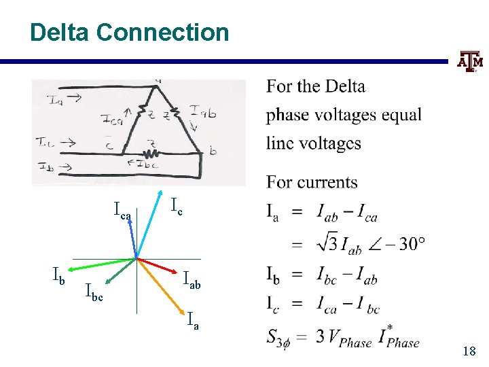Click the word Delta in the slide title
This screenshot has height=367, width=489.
pyautogui.click(x=60, y=32)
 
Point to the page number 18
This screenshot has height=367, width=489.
pyautogui.click(x=469, y=351)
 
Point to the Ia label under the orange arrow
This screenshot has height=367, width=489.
pyautogui.click(x=193, y=321)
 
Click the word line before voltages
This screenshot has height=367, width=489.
pyautogui.click(x=280, y=143)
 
